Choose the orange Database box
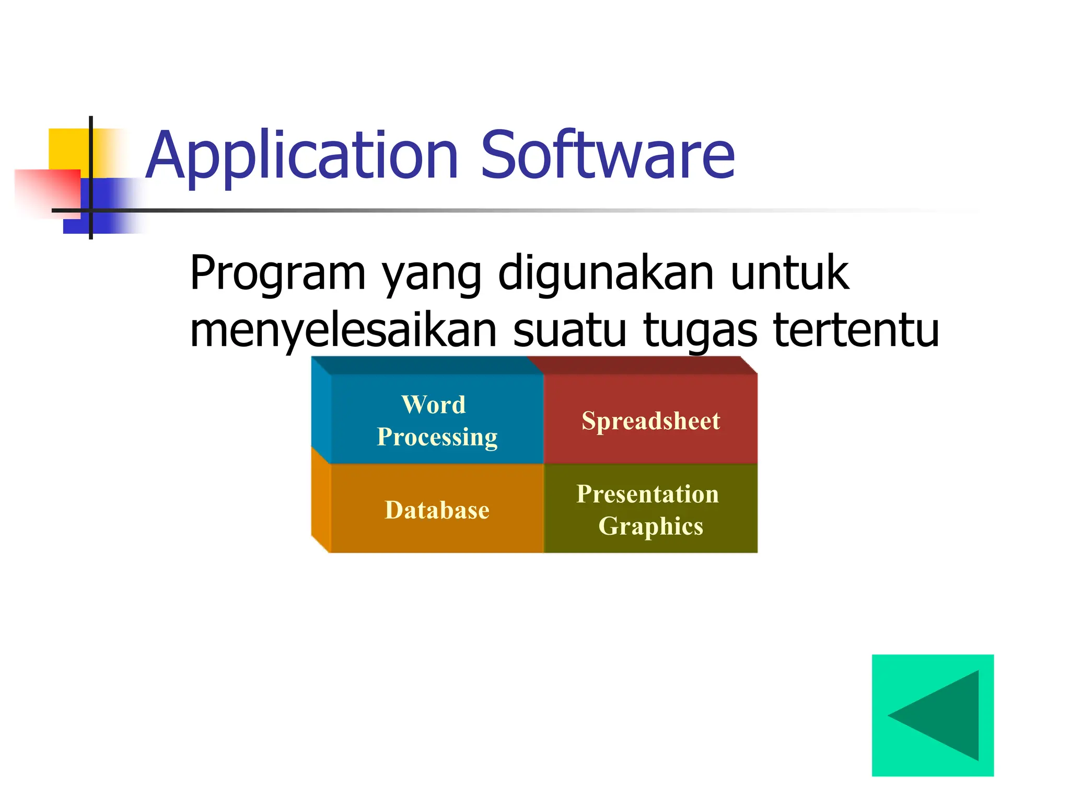coord(437,510)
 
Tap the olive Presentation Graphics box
coord(651,510)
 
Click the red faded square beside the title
coord(47,191)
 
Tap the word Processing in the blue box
coord(437,438)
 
